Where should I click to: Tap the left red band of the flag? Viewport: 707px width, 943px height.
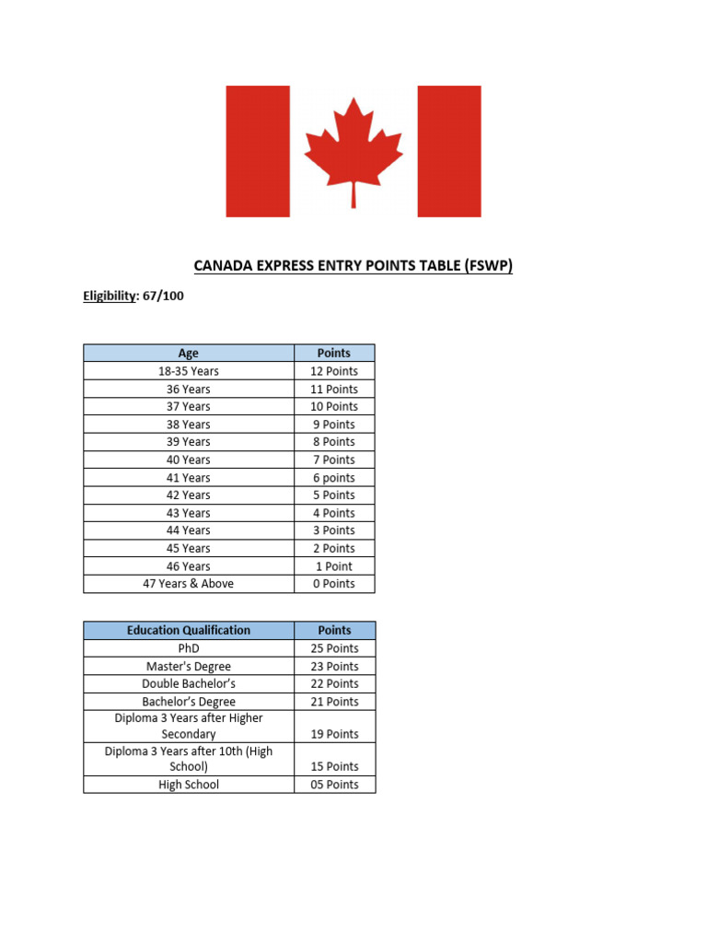tap(258, 151)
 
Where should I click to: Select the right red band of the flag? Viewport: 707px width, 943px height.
tap(449, 151)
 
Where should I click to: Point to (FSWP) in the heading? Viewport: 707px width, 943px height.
tap(485, 266)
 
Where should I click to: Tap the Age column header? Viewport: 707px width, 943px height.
tap(188, 353)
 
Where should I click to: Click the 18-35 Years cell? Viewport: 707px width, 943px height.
tap(188, 371)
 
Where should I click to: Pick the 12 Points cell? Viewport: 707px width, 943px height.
tap(334, 371)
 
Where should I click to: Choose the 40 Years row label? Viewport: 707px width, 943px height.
tap(188, 460)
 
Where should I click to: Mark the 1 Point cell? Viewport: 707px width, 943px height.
tap(334, 566)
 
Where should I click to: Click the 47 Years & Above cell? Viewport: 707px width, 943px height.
tap(188, 584)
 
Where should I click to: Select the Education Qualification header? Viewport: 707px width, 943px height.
tap(188, 630)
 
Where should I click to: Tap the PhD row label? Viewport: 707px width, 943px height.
tap(188, 648)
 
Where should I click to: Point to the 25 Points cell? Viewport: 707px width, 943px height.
tap(334, 648)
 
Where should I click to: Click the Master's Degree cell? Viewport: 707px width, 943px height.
tap(188, 666)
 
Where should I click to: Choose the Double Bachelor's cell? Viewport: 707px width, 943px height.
tap(188, 683)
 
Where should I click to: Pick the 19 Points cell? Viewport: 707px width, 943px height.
tap(334, 734)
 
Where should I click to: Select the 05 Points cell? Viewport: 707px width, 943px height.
tap(334, 785)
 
